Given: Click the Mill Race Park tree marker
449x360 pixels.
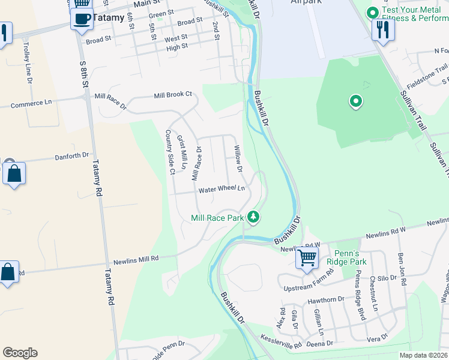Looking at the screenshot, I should (x=254, y=217).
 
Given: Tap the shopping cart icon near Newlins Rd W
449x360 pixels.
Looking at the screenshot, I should (x=307, y=259).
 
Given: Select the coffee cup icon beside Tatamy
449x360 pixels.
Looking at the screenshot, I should (x=81, y=19).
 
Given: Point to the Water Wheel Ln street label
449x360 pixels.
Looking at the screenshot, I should (x=222, y=190).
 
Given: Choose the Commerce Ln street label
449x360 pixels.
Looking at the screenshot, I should (x=31, y=103).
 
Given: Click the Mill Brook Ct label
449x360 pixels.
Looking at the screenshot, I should (x=173, y=95).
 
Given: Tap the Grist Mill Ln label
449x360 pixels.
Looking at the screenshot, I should (x=182, y=152).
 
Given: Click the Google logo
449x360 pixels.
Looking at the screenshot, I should (x=20, y=352).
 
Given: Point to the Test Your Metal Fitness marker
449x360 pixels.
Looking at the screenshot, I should (x=372, y=12).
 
